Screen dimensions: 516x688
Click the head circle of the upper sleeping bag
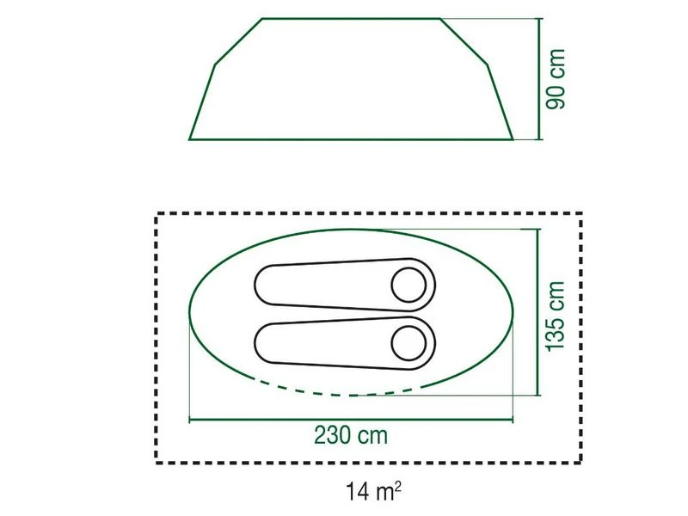pyautogui.click(x=408, y=283)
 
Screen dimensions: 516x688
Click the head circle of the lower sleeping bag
pyautogui.click(x=408, y=342)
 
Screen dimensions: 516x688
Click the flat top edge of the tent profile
pyautogui.click(x=351, y=18)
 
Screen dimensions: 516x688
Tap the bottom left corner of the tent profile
pyautogui.click(x=190, y=138)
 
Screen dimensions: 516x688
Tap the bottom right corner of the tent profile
pyautogui.click(x=513, y=138)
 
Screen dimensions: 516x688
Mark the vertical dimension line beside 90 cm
pyautogui.click(x=540, y=78)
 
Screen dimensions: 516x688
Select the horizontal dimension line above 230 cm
pyautogui.click(x=350, y=420)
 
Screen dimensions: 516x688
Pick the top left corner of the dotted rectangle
pyautogui.click(x=157, y=214)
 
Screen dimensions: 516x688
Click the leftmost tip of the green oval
pyautogui.click(x=188, y=312)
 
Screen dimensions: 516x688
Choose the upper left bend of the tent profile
pyautogui.click(x=215, y=64)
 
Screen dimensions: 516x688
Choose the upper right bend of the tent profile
pyautogui.click(x=488, y=64)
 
